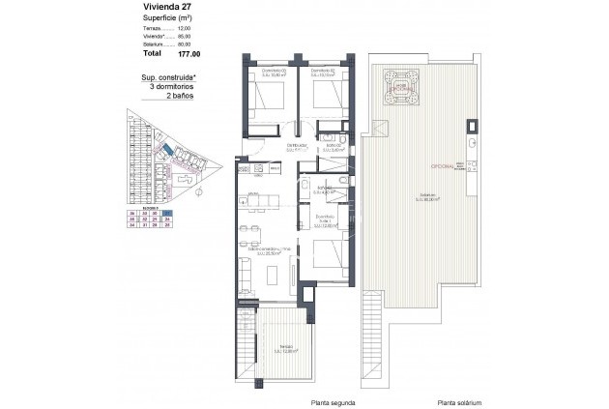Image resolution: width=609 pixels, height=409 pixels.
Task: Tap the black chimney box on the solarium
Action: (x=472, y=126)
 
